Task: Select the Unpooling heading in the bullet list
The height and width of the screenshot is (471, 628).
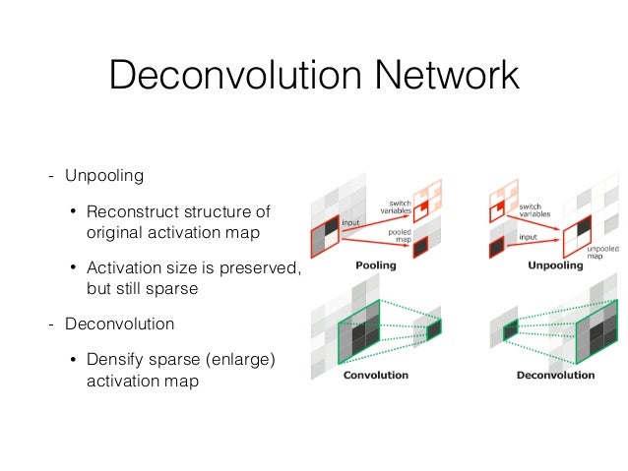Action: point(104,177)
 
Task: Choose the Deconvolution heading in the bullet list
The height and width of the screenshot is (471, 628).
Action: point(119,324)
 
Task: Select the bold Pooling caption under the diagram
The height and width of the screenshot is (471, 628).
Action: point(375,265)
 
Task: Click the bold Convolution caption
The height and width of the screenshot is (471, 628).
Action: point(375,375)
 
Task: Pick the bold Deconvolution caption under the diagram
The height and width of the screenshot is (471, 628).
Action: point(555,375)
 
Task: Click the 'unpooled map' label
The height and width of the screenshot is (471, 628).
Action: point(601,254)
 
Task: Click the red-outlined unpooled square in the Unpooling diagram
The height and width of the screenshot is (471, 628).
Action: point(575,235)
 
